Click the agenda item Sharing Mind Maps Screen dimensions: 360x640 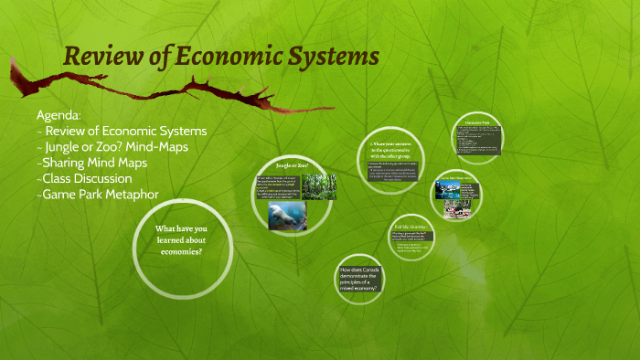click(x=92, y=163)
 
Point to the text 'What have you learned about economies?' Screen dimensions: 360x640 click(x=170, y=240)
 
